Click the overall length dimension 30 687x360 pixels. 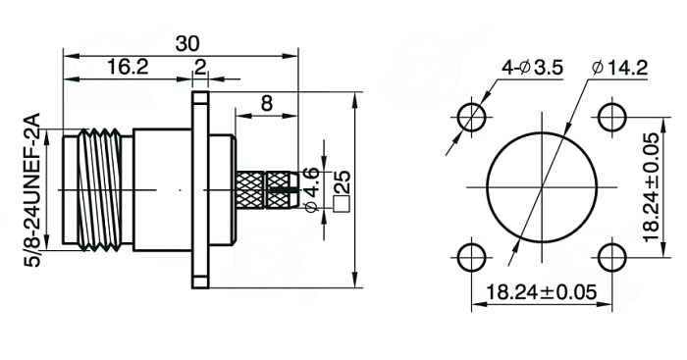pos(187,44)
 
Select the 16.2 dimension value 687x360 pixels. pos(128,68)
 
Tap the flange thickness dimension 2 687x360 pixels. pos(200,68)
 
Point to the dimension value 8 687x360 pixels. pos(266,104)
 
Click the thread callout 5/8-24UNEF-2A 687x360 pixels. pos(32,189)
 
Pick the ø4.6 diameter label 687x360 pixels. pos(311,189)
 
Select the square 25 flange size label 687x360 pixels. pos(342,191)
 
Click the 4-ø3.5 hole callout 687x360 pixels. pos(532,68)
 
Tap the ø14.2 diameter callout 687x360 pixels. pos(619,68)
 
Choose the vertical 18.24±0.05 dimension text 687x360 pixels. pos(652,187)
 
